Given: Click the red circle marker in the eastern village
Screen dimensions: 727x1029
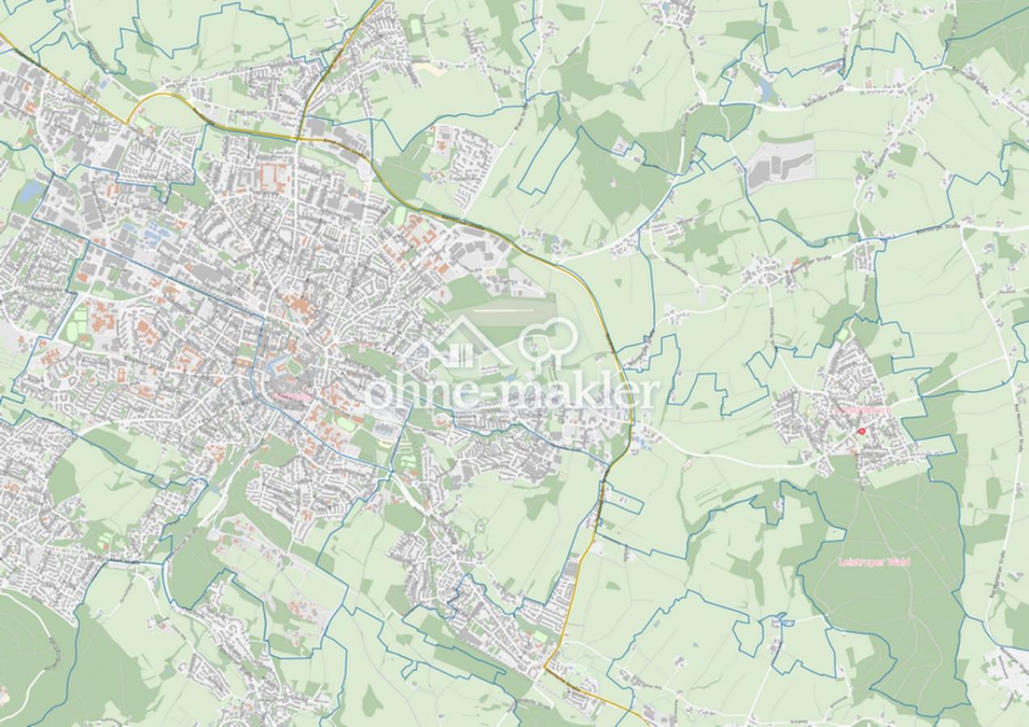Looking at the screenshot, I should (x=861, y=431).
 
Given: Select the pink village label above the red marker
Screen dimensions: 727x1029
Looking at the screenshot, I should (x=862, y=410).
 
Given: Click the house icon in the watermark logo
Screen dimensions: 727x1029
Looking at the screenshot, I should (x=457, y=343).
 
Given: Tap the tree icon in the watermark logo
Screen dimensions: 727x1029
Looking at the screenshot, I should (x=549, y=339).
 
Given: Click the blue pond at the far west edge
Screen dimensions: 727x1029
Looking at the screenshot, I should (x=31, y=192).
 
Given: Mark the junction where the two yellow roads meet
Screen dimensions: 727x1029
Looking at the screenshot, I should (x=299, y=138).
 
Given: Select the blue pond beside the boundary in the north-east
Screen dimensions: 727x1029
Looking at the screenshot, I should (x=763, y=90).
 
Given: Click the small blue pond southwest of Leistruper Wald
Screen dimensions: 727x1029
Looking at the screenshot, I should (x=779, y=622).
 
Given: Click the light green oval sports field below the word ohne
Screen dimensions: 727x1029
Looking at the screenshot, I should (x=346, y=423).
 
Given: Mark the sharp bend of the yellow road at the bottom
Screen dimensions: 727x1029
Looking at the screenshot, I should (x=548, y=667).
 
